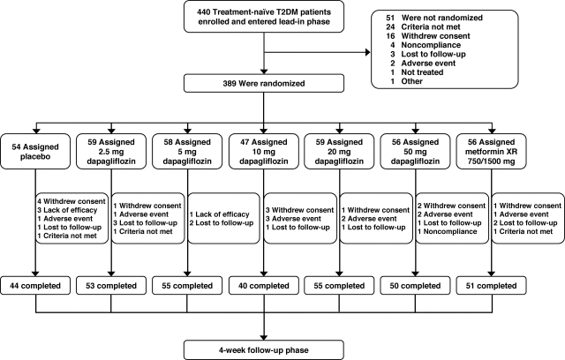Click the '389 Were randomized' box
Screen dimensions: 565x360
point(264,83)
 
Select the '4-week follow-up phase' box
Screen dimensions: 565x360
point(264,350)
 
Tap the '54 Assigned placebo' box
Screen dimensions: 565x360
point(35,152)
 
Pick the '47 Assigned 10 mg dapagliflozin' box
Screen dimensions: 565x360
point(264,152)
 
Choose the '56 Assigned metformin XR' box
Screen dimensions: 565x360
point(492,152)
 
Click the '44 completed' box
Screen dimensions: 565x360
point(35,286)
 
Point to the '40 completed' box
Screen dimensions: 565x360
point(264,286)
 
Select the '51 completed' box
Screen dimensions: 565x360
point(492,286)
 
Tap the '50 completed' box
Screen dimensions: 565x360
point(416,286)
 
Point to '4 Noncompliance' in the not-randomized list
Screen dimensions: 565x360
point(426,45)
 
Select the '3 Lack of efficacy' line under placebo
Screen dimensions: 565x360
point(67,210)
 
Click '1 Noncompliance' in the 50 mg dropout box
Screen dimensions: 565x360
point(448,231)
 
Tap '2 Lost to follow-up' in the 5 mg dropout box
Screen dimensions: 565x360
point(222,223)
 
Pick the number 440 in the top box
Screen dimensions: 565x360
point(204,11)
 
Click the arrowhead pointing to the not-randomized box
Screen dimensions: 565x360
point(368,53)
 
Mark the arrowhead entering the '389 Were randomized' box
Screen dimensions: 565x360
point(264,71)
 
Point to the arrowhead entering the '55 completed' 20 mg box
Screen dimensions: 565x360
point(339,274)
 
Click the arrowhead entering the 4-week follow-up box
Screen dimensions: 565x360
point(264,337)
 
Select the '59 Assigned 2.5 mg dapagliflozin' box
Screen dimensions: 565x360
point(111,152)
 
